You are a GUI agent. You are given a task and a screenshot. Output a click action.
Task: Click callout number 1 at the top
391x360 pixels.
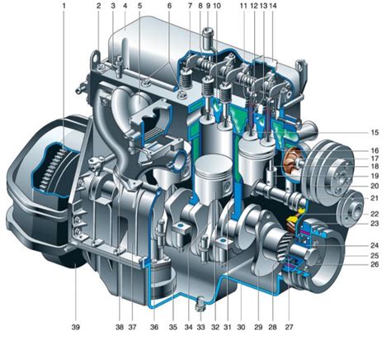(64, 6)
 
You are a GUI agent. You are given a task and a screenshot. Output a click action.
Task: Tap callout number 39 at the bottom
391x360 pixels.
(76, 327)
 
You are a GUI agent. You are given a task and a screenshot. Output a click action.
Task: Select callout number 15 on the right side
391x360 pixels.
(375, 132)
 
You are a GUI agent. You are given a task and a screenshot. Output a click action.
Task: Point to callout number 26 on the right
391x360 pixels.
(375, 264)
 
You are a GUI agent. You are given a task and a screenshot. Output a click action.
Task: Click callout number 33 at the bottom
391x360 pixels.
(200, 327)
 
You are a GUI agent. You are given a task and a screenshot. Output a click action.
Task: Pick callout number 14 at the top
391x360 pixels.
(272, 6)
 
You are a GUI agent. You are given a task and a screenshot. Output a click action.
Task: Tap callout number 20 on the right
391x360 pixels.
(375, 186)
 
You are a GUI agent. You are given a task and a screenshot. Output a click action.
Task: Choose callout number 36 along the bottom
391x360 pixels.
(154, 327)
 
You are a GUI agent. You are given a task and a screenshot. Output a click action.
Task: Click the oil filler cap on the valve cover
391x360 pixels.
(208, 38)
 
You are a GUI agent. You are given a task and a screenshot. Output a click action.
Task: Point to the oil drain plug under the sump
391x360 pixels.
(200, 305)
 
